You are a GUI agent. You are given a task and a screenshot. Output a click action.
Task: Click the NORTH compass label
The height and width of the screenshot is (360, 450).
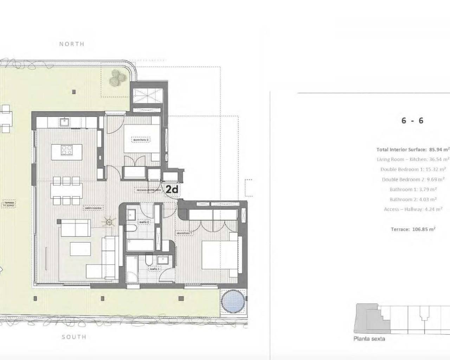point(72,44)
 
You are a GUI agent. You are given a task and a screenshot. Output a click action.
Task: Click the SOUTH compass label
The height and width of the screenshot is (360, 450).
point(74,337)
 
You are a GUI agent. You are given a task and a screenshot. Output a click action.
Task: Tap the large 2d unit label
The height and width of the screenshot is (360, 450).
point(172,189)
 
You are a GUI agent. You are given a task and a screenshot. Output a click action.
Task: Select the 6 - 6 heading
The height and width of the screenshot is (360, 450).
point(412,121)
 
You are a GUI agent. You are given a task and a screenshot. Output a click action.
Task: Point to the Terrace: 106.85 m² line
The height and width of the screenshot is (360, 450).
point(413,229)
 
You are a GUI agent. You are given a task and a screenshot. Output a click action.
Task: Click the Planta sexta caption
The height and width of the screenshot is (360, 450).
point(369,339)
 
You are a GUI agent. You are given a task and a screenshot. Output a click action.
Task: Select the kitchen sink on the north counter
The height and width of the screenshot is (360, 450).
point(64,122)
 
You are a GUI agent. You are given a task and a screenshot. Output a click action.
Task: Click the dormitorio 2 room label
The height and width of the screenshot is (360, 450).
point(141,140)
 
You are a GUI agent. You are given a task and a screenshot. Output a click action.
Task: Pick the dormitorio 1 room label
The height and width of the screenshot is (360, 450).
point(184,233)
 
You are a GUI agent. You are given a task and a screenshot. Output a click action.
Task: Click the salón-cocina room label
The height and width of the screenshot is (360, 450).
point(93,208)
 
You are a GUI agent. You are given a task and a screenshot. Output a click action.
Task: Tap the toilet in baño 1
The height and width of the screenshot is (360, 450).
point(149,261)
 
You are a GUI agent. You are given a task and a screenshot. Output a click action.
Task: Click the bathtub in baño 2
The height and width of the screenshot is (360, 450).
point(140,245)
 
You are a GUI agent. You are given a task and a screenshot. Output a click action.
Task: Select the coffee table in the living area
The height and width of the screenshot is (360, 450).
point(80,249)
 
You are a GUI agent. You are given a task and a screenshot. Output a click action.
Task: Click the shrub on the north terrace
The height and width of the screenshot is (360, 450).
point(116,78)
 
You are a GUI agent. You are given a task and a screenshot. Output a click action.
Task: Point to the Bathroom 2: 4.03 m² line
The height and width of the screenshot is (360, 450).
point(413,199)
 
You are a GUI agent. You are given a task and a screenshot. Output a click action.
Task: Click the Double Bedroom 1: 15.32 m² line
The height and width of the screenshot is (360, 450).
point(410,169)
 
